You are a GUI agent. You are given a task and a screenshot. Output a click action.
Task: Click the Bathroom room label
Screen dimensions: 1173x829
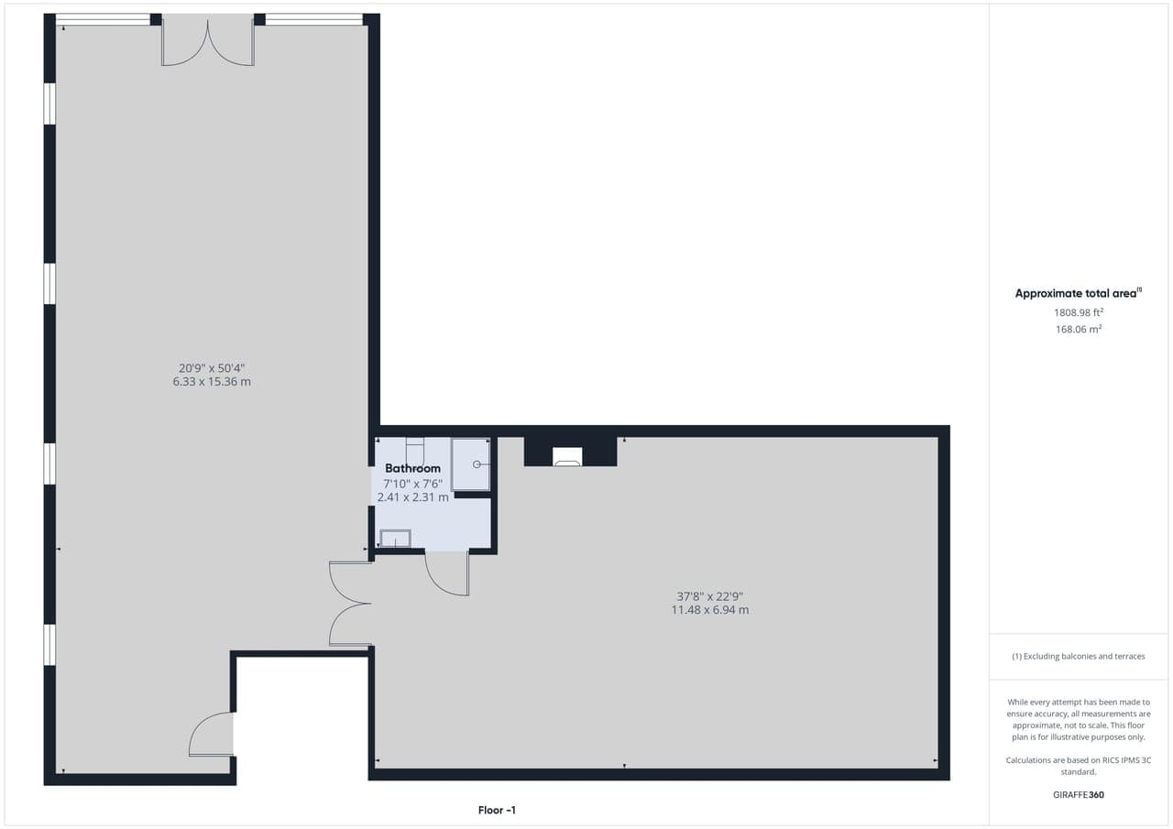[x=412, y=468]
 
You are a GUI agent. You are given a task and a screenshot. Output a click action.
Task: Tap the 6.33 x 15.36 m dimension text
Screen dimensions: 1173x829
[x=212, y=382]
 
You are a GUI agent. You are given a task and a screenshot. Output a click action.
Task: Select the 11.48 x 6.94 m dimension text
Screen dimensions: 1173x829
[x=710, y=610]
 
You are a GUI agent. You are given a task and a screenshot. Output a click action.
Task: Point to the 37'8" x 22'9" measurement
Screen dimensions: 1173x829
[x=710, y=596]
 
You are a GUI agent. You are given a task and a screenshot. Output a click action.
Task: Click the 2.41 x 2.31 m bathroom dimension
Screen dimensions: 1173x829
[x=412, y=497]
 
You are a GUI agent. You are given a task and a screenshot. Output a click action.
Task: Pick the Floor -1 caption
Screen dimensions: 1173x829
[x=497, y=810]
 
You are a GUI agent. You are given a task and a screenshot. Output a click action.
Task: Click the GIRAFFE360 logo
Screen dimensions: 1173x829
[x=1079, y=794]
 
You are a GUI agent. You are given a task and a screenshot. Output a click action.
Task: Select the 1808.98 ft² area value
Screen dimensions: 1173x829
[x=1079, y=312]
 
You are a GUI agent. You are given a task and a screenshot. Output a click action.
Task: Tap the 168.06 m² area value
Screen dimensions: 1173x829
[x=1079, y=329]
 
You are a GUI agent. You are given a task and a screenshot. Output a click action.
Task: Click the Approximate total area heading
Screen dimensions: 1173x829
[x=1079, y=293]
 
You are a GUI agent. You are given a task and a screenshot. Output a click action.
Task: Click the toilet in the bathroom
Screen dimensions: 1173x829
[x=415, y=451]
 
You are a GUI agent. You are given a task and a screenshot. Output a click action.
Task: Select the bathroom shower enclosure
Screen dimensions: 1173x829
[x=471, y=464]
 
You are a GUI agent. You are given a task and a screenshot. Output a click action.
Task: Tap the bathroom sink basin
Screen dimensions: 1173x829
[x=395, y=539]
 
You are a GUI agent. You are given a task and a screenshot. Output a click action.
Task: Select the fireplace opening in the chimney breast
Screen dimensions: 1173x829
[x=567, y=456]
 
